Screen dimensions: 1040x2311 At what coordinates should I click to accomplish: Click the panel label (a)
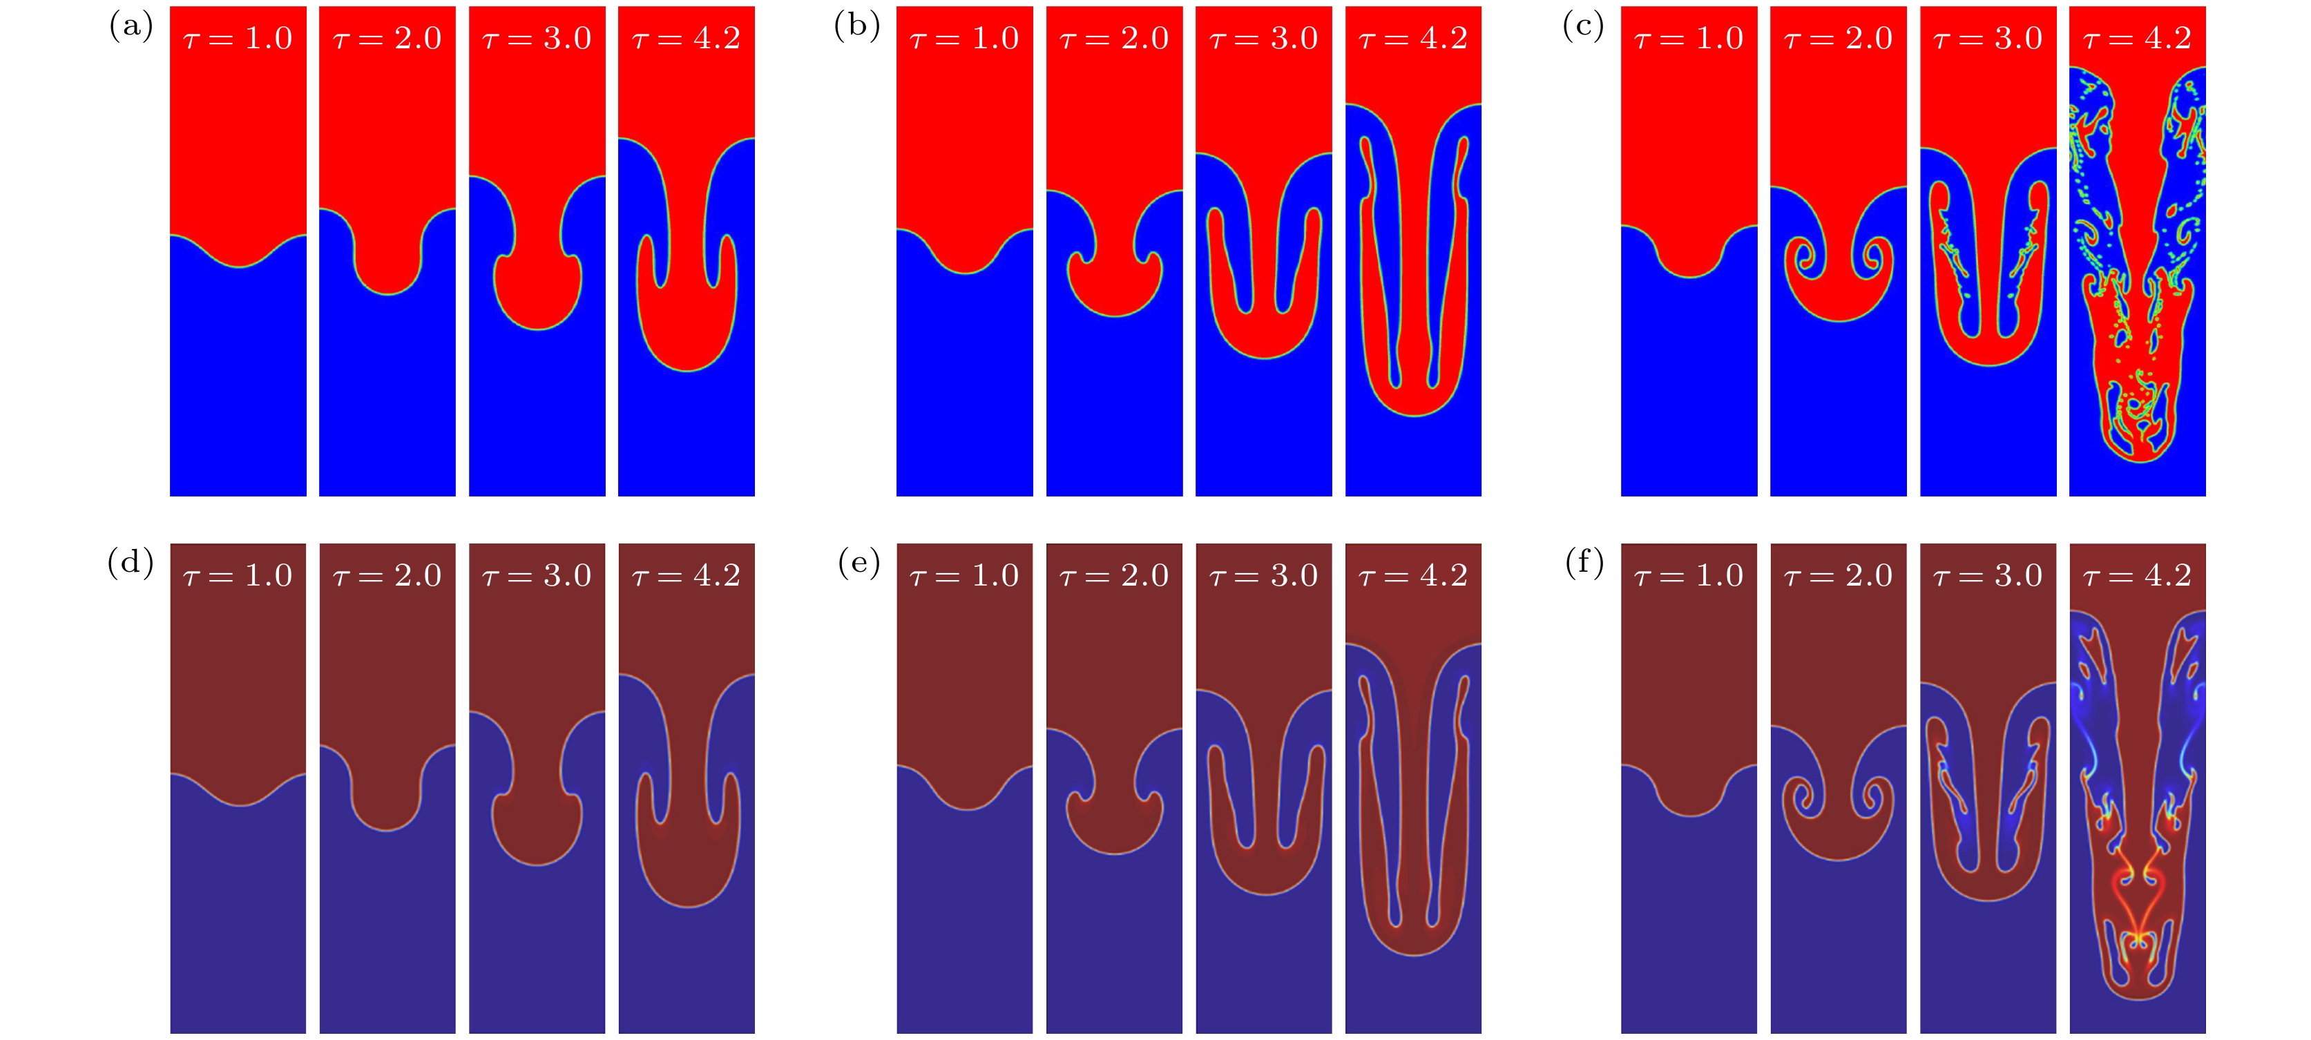pyautogui.click(x=131, y=26)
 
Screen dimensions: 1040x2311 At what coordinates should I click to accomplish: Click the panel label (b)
pyautogui.click(x=856, y=26)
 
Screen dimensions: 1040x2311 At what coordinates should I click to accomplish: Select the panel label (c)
pyautogui.click(x=1582, y=26)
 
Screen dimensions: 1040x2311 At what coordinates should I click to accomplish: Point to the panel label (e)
pyautogui.click(x=859, y=563)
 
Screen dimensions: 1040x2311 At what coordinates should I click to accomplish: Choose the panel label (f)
pyautogui.click(x=1584, y=563)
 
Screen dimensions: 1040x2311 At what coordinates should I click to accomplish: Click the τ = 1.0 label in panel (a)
pyautogui.click(x=238, y=39)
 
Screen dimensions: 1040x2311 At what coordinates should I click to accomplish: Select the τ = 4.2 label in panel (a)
pyautogui.click(x=687, y=39)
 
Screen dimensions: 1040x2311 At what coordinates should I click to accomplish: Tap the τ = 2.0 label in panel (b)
pyautogui.click(x=1114, y=39)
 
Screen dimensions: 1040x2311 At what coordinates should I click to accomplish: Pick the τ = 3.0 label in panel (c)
pyautogui.click(x=1988, y=39)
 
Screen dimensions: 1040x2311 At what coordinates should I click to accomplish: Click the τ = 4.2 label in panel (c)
pyautogui.click(x=2137, y=39)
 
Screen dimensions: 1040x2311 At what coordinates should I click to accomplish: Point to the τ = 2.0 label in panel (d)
pyautogui.click(x=387, y=575)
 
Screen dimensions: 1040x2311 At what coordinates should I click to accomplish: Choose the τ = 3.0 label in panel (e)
pyautogui.click(x=1264, y=575)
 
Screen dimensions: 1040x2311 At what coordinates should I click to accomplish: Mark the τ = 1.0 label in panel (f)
pyautogui.click(x=1689, y=575)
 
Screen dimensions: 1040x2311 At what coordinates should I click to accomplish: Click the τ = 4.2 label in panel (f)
pyautogui.click(x=2137, y=575)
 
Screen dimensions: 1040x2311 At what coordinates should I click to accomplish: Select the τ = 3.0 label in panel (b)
pyautogui.click(x=1264, y=39)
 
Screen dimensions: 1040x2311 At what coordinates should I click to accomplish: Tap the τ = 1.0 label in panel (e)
pyautogui.click(x=964, y=575)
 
